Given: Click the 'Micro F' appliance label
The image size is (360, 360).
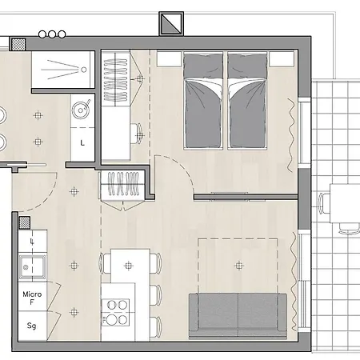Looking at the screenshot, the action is [32, 298].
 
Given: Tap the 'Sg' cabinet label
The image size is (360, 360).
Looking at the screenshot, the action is [31, 326].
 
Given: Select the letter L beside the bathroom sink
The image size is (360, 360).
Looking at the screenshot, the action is [82, 143].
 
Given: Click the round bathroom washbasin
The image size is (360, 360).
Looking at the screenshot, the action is [80, 110].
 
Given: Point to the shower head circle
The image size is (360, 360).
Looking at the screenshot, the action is [84, 70].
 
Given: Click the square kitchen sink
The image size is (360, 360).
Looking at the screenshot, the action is [32, 267].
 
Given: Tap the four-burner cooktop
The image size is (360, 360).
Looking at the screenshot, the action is [115, 312].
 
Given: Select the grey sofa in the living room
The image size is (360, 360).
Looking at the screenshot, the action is [238, 316].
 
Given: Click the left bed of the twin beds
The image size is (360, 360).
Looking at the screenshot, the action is [203, 101].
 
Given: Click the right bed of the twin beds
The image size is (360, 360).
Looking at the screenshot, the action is [247, 101].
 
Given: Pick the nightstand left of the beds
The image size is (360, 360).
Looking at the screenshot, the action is [169, 59].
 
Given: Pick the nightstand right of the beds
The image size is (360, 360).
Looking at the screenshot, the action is [282, 59].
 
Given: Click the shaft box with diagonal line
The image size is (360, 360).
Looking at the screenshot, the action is [171, 23].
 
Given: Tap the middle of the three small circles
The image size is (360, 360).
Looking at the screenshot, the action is [52, 34].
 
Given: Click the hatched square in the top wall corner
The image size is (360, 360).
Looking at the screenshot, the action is [18, 44].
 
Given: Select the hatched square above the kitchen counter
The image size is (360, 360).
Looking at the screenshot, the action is [25, 222].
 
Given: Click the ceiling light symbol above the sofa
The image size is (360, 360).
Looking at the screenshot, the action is [239, 266].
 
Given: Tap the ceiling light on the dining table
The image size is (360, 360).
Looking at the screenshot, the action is [129, 266].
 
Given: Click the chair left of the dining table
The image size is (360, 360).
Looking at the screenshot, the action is [105, 263].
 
